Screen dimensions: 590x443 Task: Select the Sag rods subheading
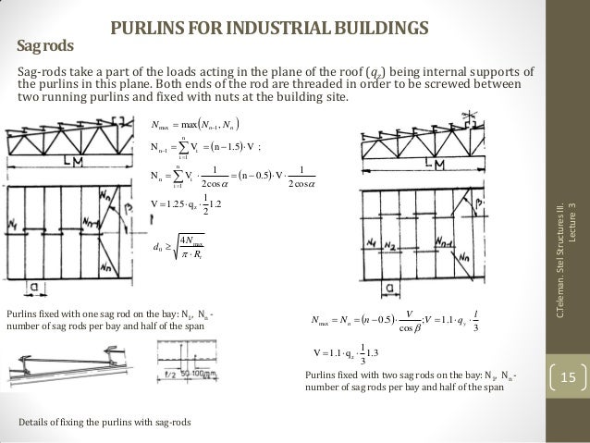tap(45, 44)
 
